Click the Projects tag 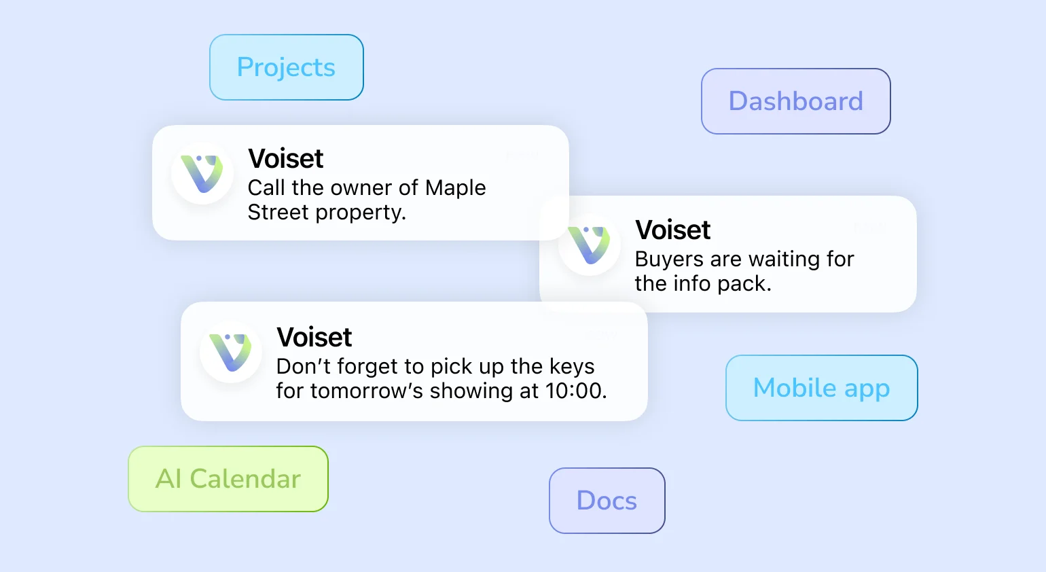(286, 67)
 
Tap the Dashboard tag (795, 101)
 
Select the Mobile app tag (821, 388)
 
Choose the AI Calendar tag (228, 479)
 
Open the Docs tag (607, 501)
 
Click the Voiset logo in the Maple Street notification (202, 174)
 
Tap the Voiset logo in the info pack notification (589, 245)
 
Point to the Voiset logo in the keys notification (230, 352)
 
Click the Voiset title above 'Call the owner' (285, 159)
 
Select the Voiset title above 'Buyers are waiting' (672, 230)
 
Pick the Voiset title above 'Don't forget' (314, 338)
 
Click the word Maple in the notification (455, 188)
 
